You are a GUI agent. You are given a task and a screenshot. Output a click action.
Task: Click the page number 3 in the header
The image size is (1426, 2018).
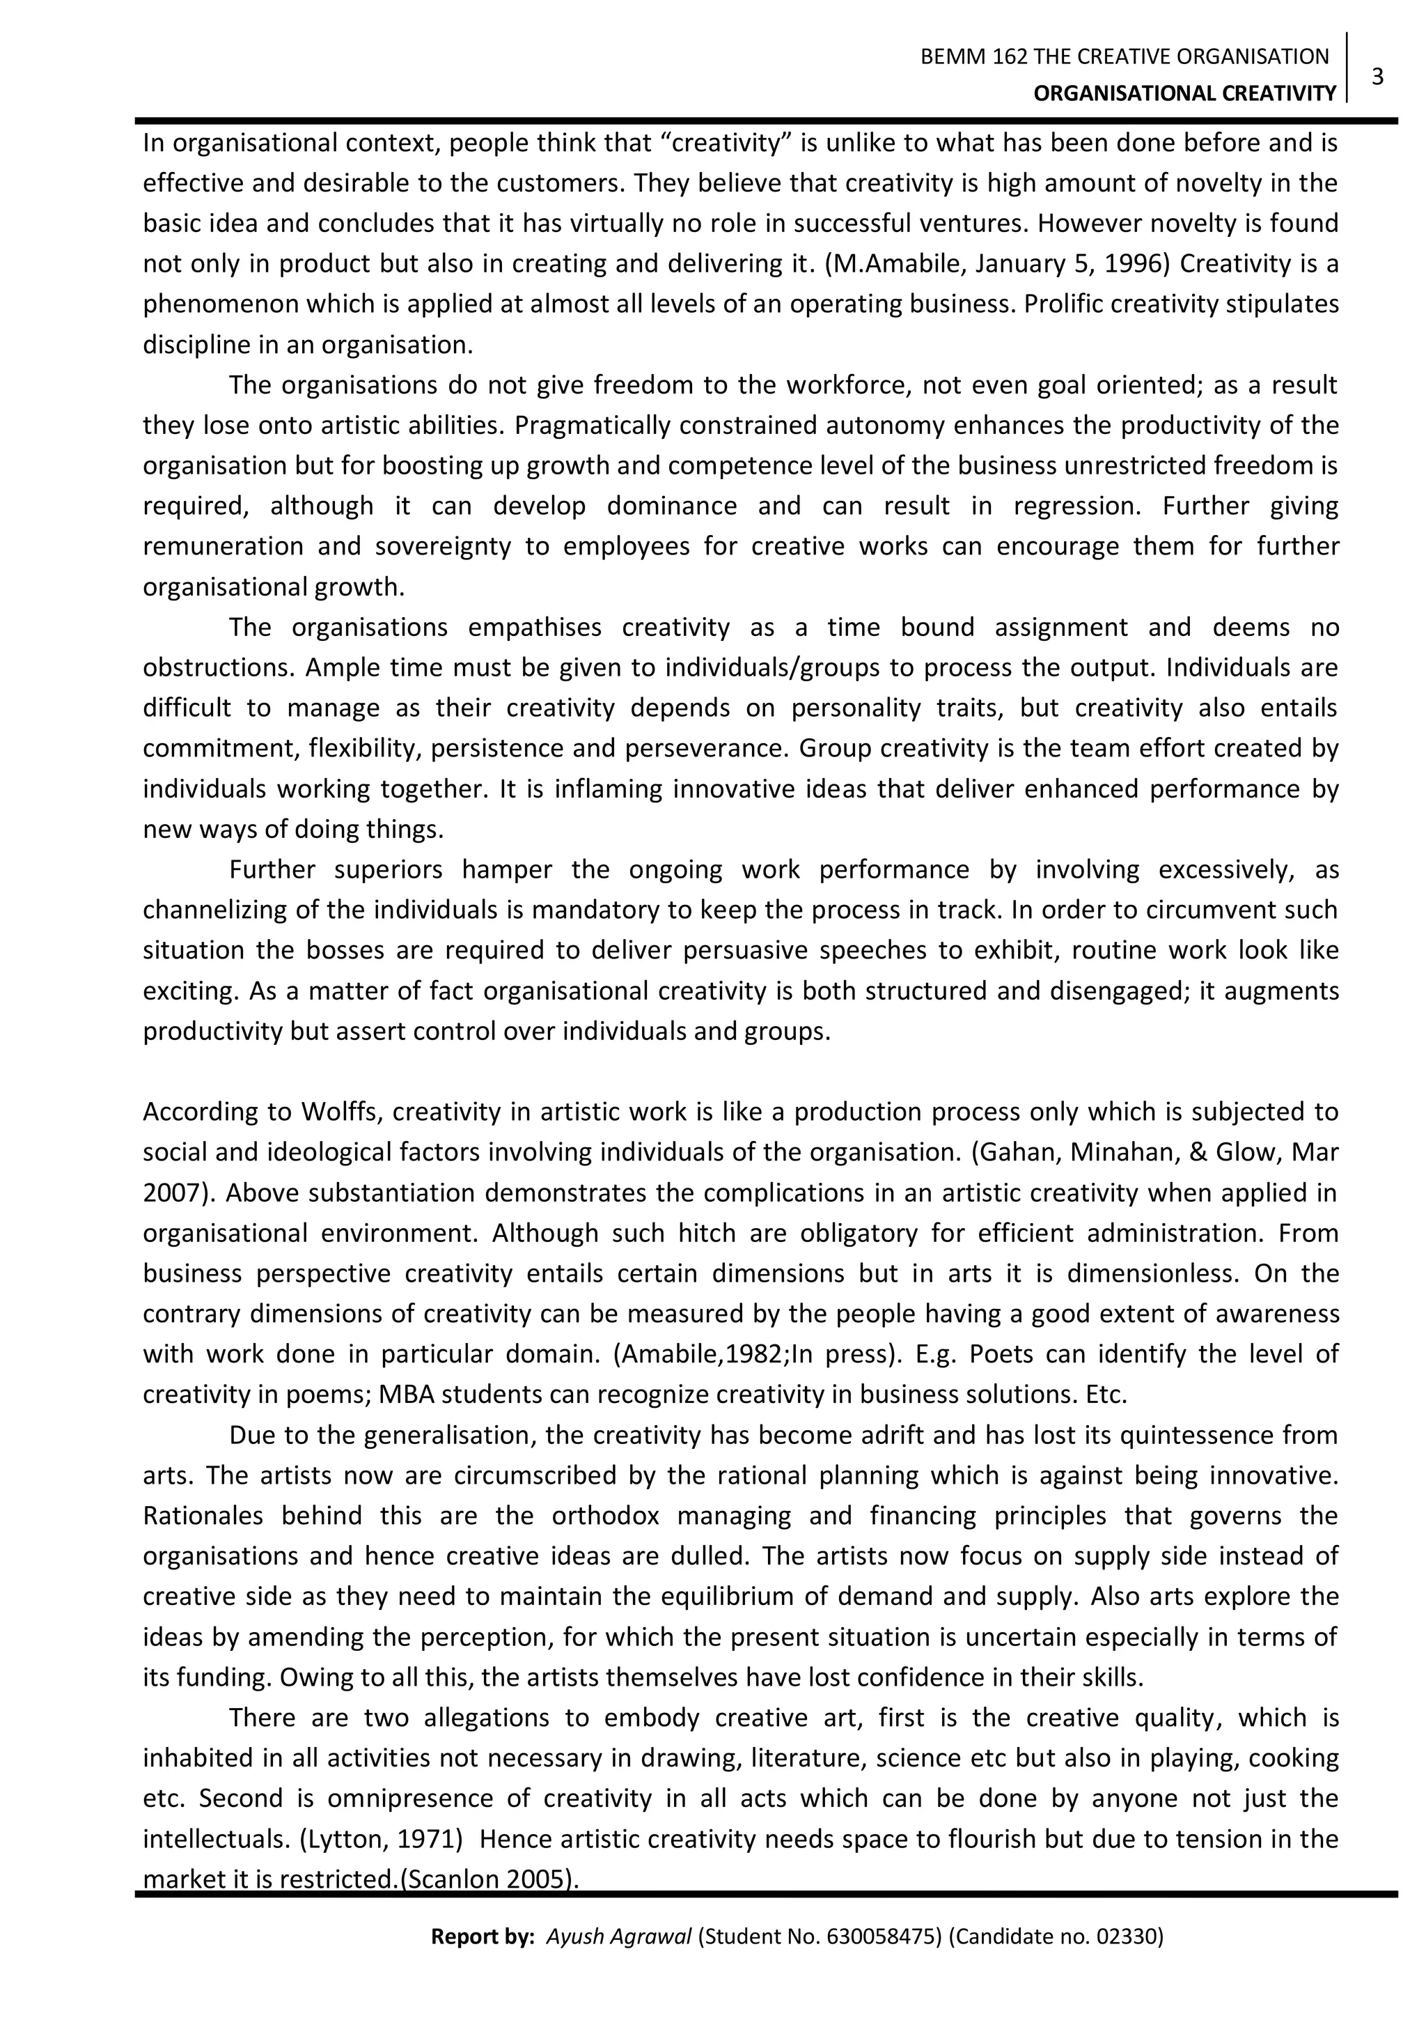(x=1377, y=77)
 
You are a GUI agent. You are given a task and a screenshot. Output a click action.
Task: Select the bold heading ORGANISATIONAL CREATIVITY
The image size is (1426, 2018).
(x=1184, y=93)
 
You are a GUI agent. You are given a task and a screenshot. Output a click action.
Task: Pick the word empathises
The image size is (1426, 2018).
(x=534, y=628)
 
